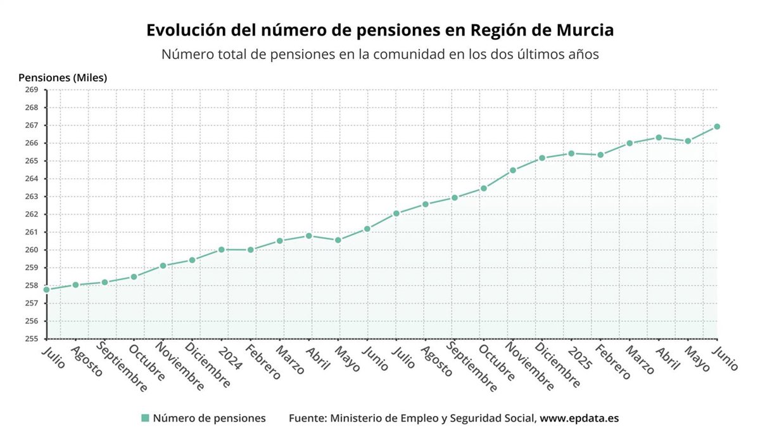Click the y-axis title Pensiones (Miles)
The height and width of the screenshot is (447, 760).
63,78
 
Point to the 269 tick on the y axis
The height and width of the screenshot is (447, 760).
32,90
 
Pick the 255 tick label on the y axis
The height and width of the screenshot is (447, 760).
32,339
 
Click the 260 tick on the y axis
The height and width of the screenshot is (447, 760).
32,250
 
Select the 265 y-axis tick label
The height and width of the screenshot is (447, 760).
32,161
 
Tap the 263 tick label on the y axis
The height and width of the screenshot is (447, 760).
32,197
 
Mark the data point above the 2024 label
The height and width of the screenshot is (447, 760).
221,250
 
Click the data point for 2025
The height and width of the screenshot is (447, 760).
571,153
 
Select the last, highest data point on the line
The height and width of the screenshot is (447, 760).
717,127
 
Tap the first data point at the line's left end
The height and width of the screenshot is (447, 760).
46,290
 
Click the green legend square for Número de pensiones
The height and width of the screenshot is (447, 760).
145,418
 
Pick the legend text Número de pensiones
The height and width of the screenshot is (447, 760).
209,418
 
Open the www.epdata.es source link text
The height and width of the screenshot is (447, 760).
579,418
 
